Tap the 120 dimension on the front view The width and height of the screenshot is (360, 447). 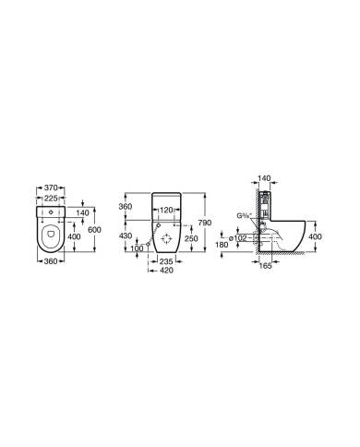click(x=167, y=211)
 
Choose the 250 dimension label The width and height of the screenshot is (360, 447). click(x=190, y=239)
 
